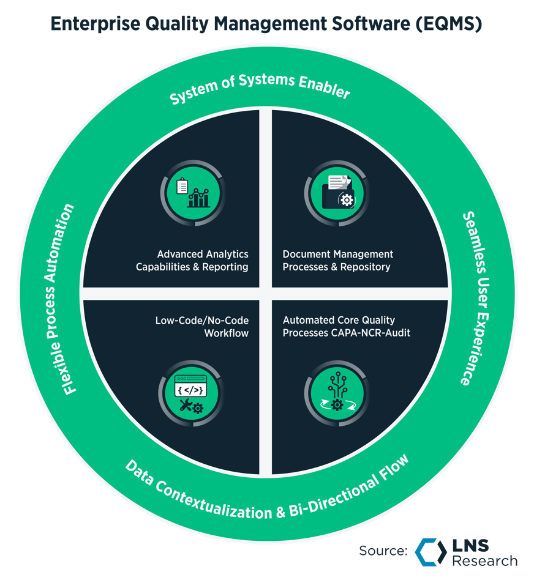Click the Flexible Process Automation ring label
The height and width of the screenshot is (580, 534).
(x=68, y=299)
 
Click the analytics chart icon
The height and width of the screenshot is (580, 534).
(x=192, y=191)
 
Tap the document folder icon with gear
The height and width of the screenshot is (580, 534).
(x=337, y=191)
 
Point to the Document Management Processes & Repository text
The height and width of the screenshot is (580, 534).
(x=337, y=260)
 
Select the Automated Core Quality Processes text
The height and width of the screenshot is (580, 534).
(x=339, y=320)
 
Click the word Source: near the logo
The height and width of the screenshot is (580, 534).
(x=383, y=551)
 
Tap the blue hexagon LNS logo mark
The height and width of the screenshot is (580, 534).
(x=431, y=551)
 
